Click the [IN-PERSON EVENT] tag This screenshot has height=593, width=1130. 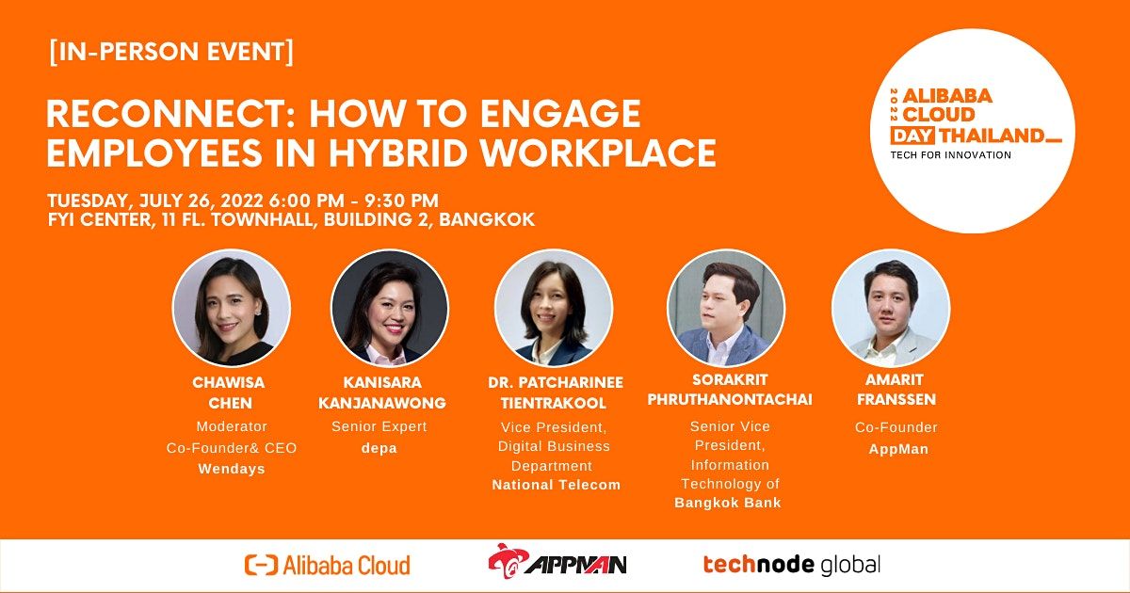tap(170, 54)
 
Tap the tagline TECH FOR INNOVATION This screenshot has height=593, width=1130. tap(951, 154)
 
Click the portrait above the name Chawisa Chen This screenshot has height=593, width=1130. tap(231, 308)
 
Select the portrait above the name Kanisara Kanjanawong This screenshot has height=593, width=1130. tap(389, 308)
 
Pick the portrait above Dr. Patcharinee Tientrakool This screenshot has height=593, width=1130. tap(553, 308)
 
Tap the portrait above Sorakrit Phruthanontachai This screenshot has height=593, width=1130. tap(725, 308)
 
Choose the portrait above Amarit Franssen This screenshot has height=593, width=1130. tap(891, 308)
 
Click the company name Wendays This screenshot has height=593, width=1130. tap(231, 469)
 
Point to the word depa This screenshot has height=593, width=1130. tap(379, 448)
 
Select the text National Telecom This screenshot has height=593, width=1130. tap(556, 486)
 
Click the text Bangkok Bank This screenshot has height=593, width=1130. tap(728, 503)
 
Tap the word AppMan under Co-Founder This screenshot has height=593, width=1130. tap(897, 449)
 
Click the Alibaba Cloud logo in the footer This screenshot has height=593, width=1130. tap(328, 565)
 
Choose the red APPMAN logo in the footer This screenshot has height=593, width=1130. tap(557, 562)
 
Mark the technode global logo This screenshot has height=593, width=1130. tap(791, 565)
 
